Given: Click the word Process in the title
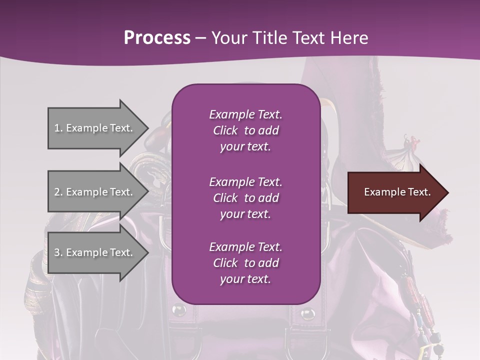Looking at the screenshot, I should [x=157, y=38].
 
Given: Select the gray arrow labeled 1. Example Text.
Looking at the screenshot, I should [x=95, y=128].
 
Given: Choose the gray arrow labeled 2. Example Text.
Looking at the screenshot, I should [x=95, y=192].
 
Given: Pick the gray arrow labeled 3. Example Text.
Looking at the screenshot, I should [x=95, y=252].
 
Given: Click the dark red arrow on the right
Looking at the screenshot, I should [x=395, y=192].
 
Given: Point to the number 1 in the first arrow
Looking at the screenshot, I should [x=57, y=128].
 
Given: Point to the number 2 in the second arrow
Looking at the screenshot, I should [x=57, y=192].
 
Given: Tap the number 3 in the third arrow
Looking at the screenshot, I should [x=57, y=252].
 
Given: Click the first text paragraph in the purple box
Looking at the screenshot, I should [x=245, y=130].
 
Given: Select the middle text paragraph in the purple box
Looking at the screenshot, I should [x=245, y=198].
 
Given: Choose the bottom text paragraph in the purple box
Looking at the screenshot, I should [x=245, y=263].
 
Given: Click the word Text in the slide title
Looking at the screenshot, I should [x=308, y=38].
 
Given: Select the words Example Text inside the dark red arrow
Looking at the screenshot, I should [x=397, y=192].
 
